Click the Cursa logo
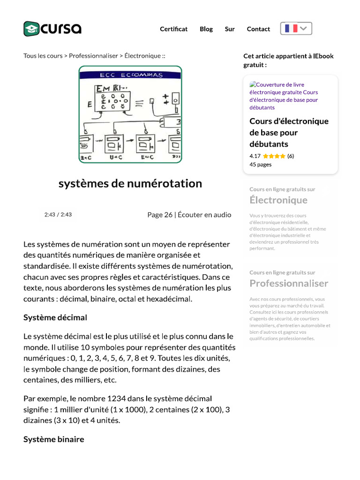pyautogui.click(x=52, y=29)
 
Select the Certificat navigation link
pyautogui.click(x=173, y=29)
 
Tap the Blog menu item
pyautogui.click(x=206, y=29)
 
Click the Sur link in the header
pyautogui.click(x=230, y=29)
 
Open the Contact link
pyautogui.click(x=258, y=29)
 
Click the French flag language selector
pyautogui.click(x=296, y=29)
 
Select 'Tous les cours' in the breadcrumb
pyautogui.click(x=43, y=56)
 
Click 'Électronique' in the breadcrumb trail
pyautogui.click(x=142, y=56)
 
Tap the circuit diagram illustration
pyautogui.click(x=130, y=114)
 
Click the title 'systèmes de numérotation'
pyautogui.click(x=130, y=183)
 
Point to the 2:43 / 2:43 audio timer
pyautogui.click(x=58, y=215)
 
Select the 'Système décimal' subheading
pyautogui.click(x=55, y=317)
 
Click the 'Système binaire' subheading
pyautogui.click(x=54, y=439)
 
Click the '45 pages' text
pyautogui.click(x=260, y=165)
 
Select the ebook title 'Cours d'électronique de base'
pyautogui.click(x=289, y=133)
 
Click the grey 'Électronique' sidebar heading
pyautogui.click(x=278, y=200)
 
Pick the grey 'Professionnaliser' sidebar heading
pyautogui.click(x=289, y=283)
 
